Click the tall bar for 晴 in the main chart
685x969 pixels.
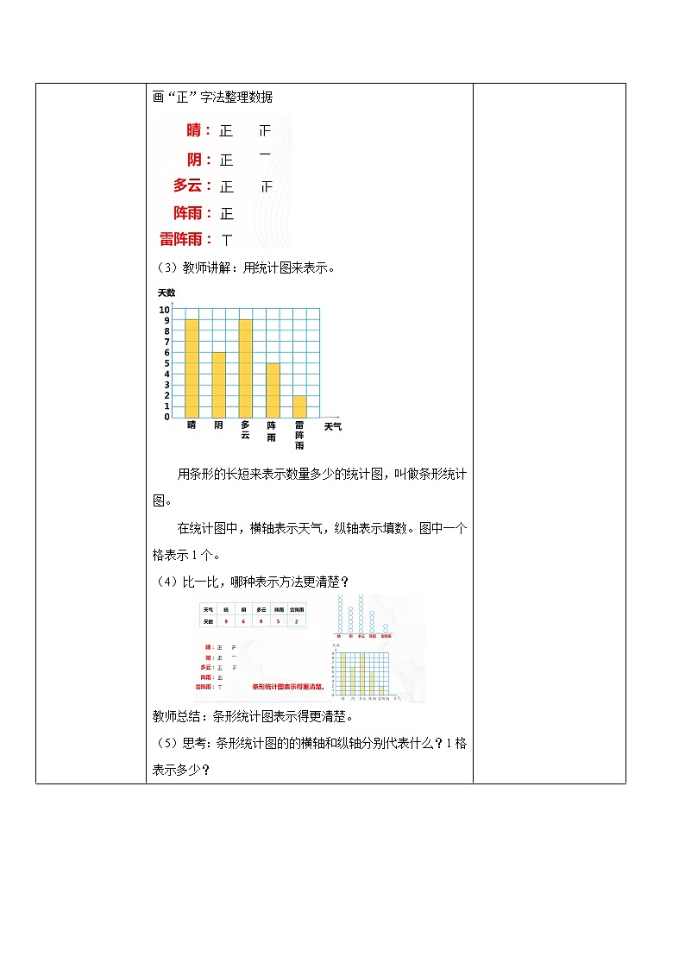(x=192, y=368)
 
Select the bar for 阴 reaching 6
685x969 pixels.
(x=218, y=384)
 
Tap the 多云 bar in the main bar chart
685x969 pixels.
(x=245, y=368)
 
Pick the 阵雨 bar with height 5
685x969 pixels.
(x=273, y=390)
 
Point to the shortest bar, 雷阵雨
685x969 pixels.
(x=299, y=406)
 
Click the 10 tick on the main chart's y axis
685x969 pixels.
(x=164, y=310)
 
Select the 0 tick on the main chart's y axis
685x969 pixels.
(x=167, y=417)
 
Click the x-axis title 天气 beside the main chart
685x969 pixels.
(x=332, y=426)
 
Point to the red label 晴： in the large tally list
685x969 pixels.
(x=198, y=131)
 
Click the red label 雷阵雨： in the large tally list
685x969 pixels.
(x=186, y=239)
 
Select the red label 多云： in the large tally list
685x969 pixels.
(x=192, y=186)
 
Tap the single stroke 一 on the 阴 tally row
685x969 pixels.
(x=265, y=154)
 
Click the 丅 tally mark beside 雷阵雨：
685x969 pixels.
(x=227, y=239)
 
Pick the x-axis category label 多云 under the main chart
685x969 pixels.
(x=245, y=430)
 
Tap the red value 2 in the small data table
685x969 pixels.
(x=297, y=621)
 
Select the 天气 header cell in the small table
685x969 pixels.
(x=208, y=608)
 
